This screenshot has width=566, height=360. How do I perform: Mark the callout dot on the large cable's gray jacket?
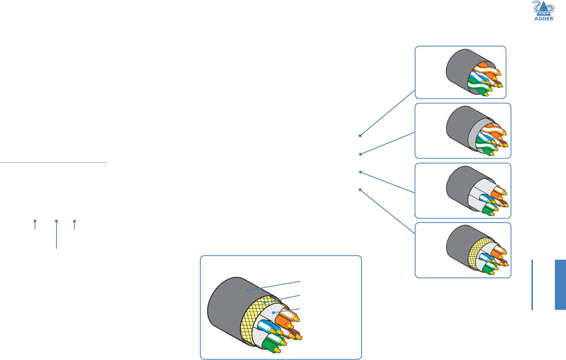coord(247,290)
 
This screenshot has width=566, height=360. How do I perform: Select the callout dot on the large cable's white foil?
coord(274,312)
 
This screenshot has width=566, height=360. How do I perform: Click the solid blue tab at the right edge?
coord(560,285)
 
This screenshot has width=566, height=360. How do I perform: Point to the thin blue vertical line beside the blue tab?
coord(532,285)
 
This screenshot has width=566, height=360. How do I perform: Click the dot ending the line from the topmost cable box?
coord(360,136)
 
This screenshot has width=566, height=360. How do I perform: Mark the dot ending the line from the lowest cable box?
coord(360,190)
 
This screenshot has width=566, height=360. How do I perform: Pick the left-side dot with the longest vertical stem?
coord(56,221)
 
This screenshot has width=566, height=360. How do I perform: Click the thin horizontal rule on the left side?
coord(54,162)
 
